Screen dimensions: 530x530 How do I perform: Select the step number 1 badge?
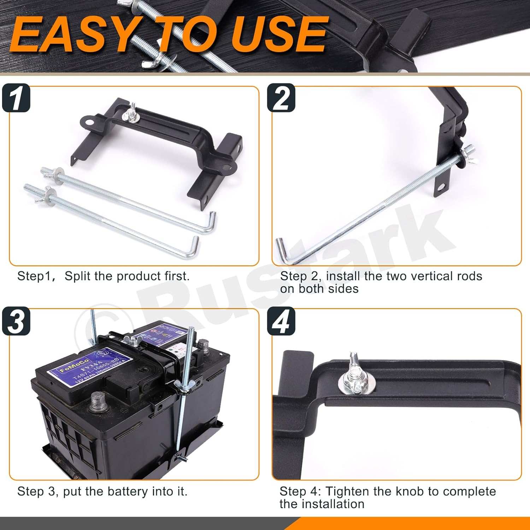coord(16,98)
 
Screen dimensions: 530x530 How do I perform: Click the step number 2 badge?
coord(281,98)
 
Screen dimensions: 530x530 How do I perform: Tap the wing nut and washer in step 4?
coord(355,378)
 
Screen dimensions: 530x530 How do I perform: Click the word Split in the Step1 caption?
coord(78,276)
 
